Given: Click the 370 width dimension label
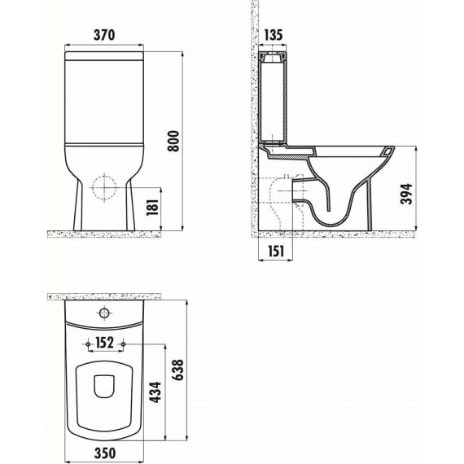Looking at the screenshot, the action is click(x=104, y=35).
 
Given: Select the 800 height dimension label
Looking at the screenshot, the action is click(x=173, y=141).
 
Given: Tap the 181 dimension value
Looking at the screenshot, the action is click(x=153, y=207).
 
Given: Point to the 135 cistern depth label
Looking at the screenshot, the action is click(x=273, y=35).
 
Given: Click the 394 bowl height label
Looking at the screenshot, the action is click(x=406, y=194).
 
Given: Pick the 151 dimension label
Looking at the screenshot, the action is click(x=276, y=251).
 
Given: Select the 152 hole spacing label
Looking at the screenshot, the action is click(x=104, y=343).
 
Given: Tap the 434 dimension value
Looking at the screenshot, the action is click(x=155, y=392).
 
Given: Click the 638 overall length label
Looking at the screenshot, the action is click(x=177, y=370).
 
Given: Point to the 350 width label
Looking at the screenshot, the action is click(x=104, y=453).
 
